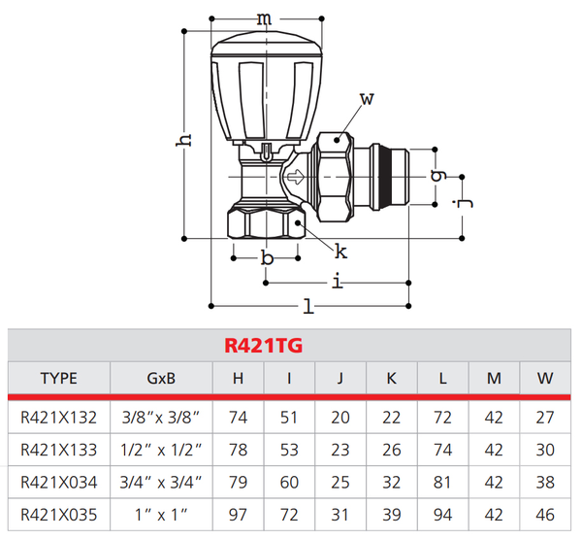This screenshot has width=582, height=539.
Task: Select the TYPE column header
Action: click(x=58, y=379)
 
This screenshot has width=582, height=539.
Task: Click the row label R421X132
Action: click(x=58, y=417)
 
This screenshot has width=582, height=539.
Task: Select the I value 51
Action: click(x=289, y=417)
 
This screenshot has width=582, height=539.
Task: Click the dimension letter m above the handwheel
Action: click(x=263, y=18)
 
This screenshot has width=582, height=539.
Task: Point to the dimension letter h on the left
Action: click(x=182, y=138)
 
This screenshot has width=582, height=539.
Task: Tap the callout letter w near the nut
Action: click(x=366, y=99)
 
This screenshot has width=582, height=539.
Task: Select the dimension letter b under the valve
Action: click(x=267, y=258)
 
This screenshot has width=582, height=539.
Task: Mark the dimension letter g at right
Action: click(x=437, y=176)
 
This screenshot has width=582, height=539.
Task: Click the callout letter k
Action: click(x=340, y=253)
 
